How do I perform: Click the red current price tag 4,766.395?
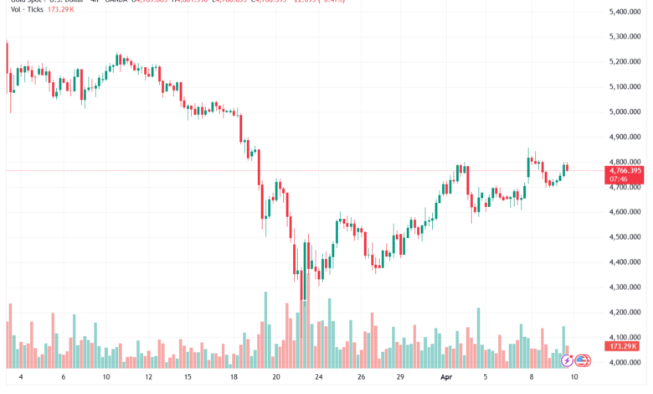click(620, 170)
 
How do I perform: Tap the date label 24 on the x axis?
click(319, 378)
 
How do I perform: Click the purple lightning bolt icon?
click(567, 360)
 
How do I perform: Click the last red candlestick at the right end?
click(568, 168)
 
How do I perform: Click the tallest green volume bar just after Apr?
click(478, 335)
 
